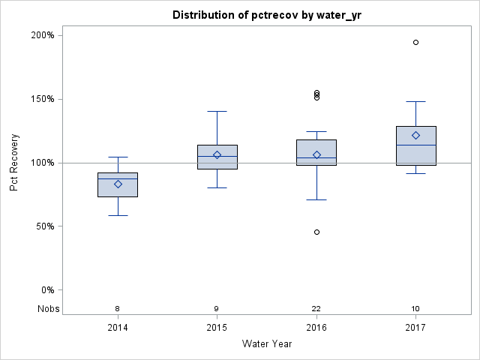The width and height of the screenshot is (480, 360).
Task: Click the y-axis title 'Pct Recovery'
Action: tap(14, 162)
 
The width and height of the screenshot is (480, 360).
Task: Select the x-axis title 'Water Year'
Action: tap(266, 343)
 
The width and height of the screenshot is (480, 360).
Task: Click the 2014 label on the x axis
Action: tap(118, 327)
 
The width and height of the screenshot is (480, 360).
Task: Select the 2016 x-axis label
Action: tap(316, 327)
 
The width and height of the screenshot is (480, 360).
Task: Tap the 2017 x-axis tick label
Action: tap(415, 327)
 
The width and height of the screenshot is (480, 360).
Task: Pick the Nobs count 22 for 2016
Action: tap(316, 309)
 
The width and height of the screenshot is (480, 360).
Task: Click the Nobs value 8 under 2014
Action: tap(118, 309)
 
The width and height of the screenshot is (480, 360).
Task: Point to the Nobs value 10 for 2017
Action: tap(415, 309)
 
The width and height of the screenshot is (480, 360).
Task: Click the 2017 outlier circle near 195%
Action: tap(415, 42)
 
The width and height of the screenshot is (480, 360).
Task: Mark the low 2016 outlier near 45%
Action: tap(316, 232)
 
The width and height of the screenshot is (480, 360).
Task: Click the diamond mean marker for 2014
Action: tap(118, 184)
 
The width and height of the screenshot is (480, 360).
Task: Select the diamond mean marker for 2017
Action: tap(415, 135)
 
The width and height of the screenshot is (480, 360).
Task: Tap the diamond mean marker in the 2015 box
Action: tap(217, 154)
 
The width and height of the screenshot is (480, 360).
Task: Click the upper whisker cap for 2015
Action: tap(217, 111)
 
